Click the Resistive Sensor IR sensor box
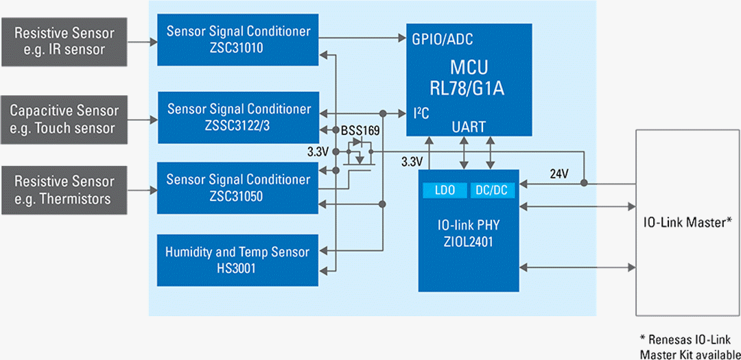[x=64, y=40]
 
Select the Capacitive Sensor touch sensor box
[x=64, y=119]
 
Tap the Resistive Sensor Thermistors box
[x=64, y=190]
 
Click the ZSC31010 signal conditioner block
[x=238, y=40]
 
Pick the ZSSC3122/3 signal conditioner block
[x=238, y=117]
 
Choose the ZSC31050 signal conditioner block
[x=238, y=188]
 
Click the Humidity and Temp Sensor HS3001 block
[x=238, y=260]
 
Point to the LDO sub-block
[x=444, y=190]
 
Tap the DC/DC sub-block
[x=491, y=190]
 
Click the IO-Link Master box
[x=687, y=221]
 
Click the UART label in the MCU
[x=469, y=127]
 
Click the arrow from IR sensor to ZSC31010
[x=143, y=41]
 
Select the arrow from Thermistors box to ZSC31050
[x=143, y=190]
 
